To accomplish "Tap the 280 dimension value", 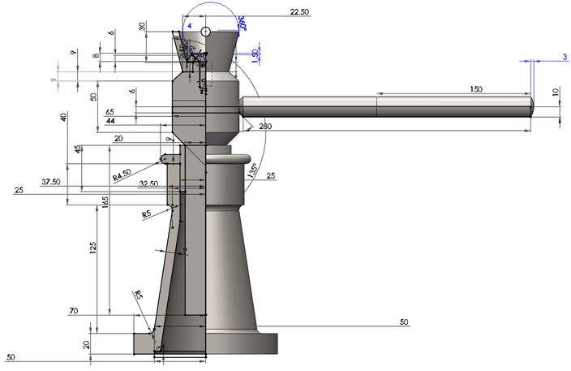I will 266,127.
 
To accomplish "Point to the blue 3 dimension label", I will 563,56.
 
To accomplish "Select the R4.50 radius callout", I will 123,175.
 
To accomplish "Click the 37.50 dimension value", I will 51,182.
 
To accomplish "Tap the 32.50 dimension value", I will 148,184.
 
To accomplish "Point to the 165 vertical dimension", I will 105,201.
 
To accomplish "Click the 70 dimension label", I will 73,311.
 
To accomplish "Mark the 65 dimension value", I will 109,111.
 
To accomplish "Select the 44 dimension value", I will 110,121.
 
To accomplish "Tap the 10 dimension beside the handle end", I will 556,93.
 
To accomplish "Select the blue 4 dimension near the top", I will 189,26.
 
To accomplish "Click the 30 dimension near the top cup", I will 144,26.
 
